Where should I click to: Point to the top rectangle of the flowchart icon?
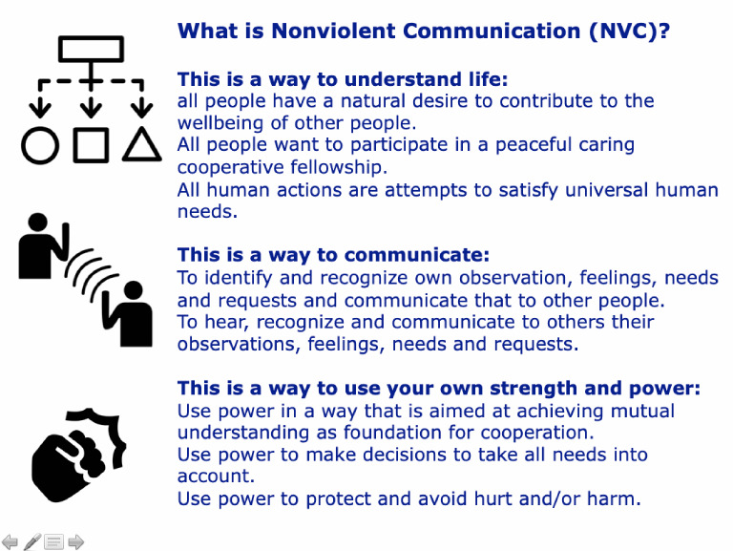click(x=91, y=48)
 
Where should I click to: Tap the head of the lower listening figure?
click(x=133, y=290)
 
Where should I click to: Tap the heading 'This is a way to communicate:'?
click(x=333, y=255)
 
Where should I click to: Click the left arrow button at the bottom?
click(x=10, y=541)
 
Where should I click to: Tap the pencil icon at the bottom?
click(x=32, y=541)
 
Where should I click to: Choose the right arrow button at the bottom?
click(x=75, y=541)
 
